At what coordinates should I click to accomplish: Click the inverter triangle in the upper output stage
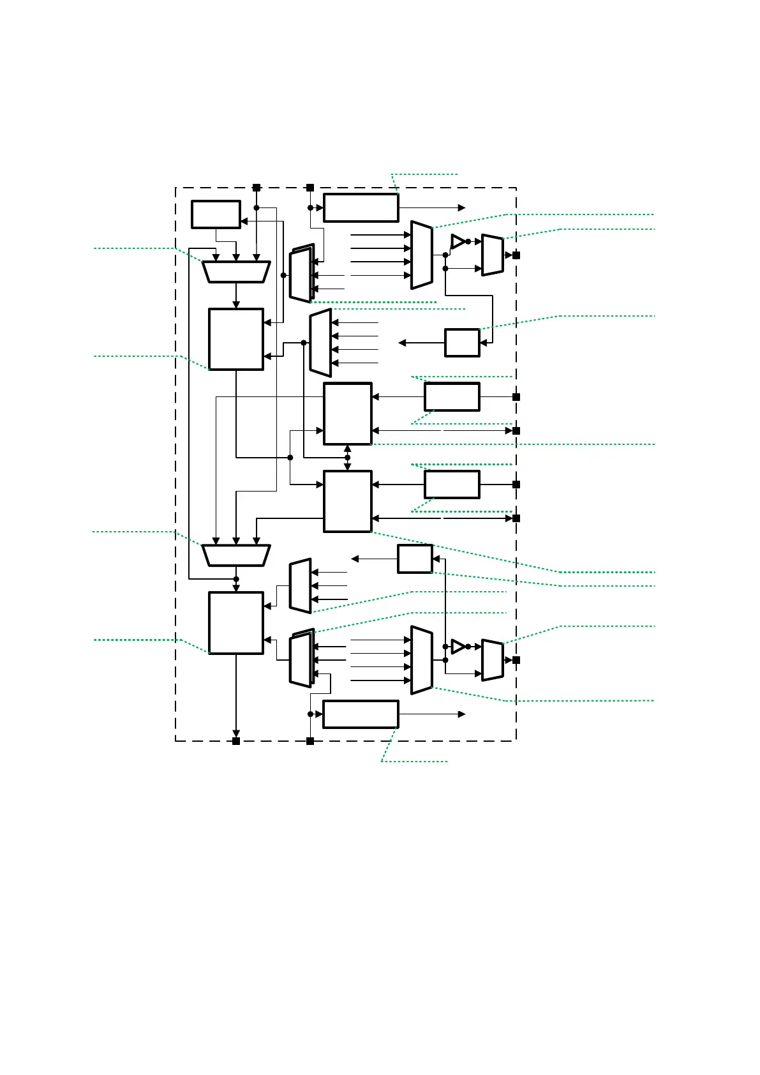click(458, 241)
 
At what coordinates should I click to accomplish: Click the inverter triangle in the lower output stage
click(458, 647)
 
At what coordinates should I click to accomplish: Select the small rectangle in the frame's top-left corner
click(216, 214)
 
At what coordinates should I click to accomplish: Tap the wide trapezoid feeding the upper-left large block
click(236, 271)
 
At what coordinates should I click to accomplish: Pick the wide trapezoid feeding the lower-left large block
click(236, 555)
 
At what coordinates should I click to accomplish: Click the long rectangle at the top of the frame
click(361, 207)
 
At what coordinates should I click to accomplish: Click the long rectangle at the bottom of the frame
click(361, 714)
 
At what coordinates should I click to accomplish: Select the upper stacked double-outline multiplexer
click(301, 274)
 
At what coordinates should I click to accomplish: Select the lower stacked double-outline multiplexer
click(301, 659)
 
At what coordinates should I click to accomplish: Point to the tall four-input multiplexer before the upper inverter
click(421, 255)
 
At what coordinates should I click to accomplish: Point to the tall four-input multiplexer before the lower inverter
click(421, 660)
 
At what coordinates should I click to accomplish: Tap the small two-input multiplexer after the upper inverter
click(492, 255)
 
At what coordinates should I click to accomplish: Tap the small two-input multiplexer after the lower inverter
click(492, 660)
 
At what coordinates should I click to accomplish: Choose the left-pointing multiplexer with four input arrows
click(320, 343)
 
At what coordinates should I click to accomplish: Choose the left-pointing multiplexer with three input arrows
click(300, 586)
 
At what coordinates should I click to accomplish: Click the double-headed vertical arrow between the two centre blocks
click(347, 458)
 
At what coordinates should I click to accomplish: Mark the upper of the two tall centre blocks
click(347, 414)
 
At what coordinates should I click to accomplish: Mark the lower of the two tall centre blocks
click(347, 501)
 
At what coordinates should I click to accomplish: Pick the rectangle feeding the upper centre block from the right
click(452, 396)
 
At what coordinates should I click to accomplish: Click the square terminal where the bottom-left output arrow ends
click(236, 741)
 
